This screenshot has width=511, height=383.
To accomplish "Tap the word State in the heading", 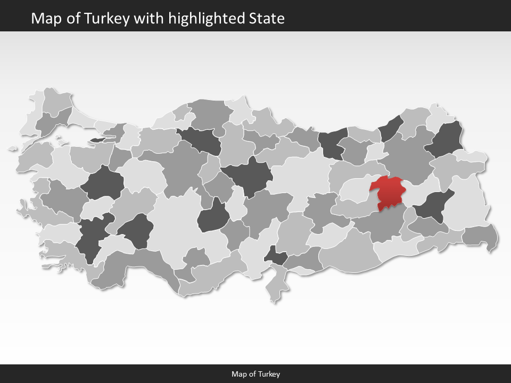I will point(267,19).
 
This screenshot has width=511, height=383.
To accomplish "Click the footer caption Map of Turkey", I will point(256,374).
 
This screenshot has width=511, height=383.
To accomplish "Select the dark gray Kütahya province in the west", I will point(102,183).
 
